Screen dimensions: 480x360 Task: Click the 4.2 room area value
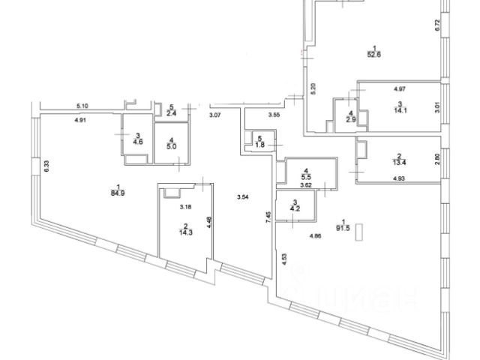click(295, 211)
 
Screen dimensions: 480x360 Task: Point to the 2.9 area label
click(349, 119)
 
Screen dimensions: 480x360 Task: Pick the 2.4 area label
click(171, 115)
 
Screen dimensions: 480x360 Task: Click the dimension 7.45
click(267, 217)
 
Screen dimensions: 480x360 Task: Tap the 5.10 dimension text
click(82, 106)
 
